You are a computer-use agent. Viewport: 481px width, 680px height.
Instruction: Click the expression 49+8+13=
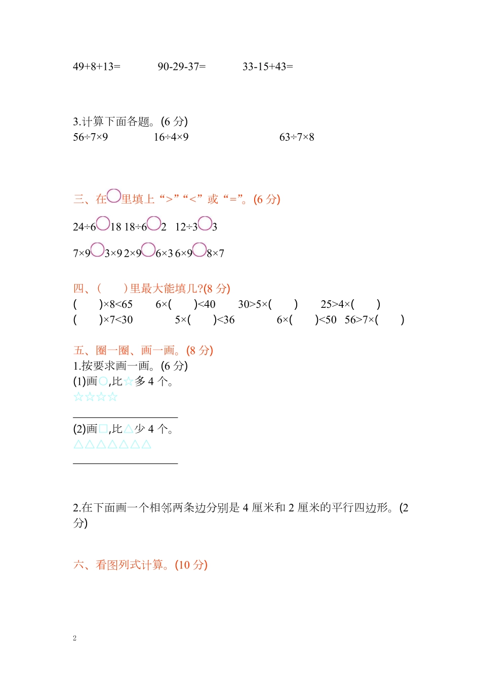click(x=97, y=66)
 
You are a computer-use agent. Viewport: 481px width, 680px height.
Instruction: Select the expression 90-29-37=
click(x=182, y=66)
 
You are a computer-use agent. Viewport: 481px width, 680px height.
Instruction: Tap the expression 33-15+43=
click(x=268, y=66)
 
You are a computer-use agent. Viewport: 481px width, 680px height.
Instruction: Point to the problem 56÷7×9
click(x=91, y=137)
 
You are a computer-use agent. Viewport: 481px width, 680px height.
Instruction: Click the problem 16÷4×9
click(x=171, y=137)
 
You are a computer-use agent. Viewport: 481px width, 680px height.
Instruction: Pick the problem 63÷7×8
click(x=297, y=137)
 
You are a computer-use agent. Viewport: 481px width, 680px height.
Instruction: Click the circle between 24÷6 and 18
click(x=103, y=224)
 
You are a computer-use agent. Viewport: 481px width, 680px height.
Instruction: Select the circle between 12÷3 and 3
click(x=205, y=224)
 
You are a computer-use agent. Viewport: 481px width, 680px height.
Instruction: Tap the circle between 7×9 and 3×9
click(x=97, y=250)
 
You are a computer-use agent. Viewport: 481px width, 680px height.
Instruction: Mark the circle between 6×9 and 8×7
click(x=199, y=250)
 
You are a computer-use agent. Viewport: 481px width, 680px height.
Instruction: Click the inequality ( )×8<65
click(x=103, y=304)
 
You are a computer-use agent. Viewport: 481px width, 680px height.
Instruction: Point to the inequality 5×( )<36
click(x=205, y=320)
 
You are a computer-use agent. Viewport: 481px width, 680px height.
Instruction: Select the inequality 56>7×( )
click(x=374, y=320)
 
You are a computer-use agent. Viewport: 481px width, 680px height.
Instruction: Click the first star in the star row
click(x=78, y=397)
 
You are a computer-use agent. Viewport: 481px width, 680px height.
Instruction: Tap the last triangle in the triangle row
click(x=146, y=445)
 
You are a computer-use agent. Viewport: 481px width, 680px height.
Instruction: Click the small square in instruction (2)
click(x=103, y=429)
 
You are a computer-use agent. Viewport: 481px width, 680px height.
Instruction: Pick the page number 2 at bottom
click(x=75, y=638)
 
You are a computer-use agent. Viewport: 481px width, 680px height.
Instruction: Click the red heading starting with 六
click(x=140, y=565)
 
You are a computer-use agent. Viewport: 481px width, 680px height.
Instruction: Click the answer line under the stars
click(x=126, y=418)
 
